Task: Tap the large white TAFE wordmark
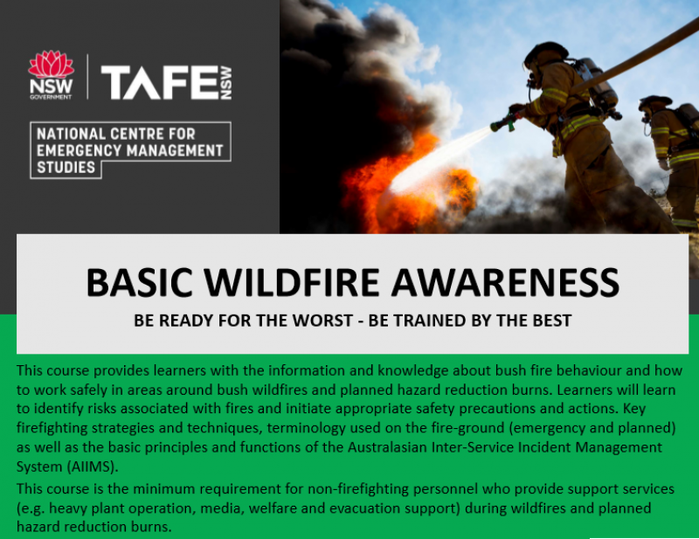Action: [158, 83]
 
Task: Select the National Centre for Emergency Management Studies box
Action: [131, 149]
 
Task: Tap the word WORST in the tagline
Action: [324, 321]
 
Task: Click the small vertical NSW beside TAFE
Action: [225, 83]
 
